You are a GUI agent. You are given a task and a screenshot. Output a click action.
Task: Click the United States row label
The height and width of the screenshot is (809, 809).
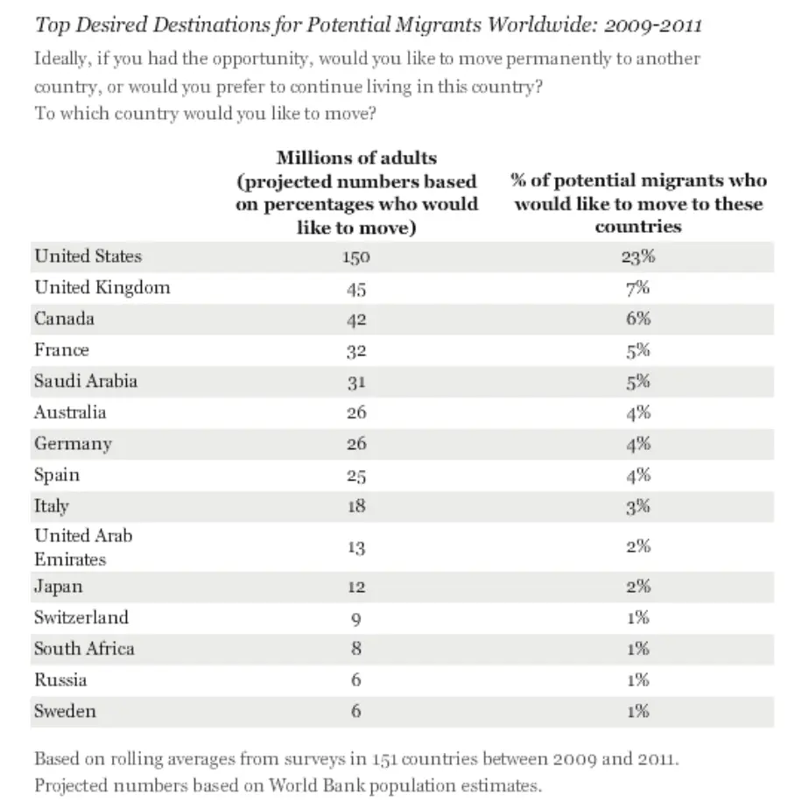click(88, 257)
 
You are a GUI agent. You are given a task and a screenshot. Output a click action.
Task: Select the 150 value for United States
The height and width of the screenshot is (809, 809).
click(356, 257)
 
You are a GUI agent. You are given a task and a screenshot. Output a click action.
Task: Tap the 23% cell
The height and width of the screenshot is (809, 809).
click(638, 257)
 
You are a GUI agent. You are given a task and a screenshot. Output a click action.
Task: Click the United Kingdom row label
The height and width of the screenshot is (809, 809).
click(102, 288)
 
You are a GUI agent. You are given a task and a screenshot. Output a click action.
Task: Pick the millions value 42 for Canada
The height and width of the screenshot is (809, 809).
click(356, 320)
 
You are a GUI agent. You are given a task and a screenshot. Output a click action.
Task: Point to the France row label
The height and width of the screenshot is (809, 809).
click(61, 350)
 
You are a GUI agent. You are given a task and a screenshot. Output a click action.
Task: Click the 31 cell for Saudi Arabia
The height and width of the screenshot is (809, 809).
click(356, 382)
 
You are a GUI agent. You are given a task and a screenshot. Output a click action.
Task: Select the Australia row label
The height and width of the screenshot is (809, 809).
click(70, 412)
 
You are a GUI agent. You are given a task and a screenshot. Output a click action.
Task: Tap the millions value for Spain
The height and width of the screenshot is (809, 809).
click(356, 475)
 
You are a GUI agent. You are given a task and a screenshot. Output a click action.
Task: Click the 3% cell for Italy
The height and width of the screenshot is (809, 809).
click(638, 506)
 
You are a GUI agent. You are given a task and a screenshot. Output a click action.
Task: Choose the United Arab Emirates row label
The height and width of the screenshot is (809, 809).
click(83, 546)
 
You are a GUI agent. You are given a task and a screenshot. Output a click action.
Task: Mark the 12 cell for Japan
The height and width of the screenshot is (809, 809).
click(356, 587)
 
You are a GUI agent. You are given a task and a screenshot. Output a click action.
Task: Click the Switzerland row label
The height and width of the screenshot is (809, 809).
click(81, 617)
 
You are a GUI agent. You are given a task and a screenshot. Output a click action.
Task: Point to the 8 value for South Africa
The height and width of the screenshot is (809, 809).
click(356, 649)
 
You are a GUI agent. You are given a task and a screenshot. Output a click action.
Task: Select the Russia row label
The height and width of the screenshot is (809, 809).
click(60, 679)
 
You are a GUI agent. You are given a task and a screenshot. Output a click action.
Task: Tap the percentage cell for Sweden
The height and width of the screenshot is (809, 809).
click(638, 711)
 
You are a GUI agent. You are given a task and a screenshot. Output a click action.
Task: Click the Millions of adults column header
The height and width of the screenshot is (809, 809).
click(356, 193)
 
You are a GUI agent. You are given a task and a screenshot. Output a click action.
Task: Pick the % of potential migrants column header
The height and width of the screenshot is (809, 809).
click(638, 203)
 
